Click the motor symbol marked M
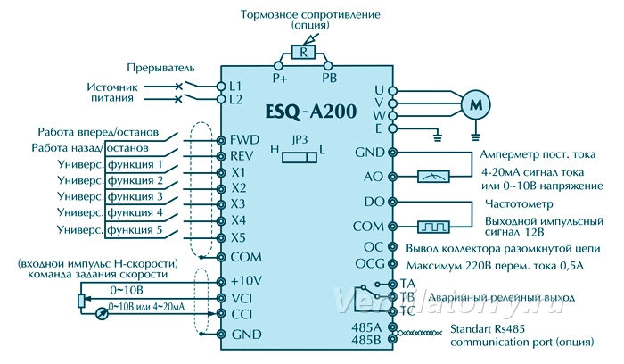point(475,104)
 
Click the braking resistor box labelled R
point(304,52)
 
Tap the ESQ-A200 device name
point(311,112)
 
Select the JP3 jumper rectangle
point(300,157)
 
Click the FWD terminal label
point(245,140)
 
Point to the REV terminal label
point(242,156)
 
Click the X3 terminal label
point(238,204)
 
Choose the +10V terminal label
point(246,281)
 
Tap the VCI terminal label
point(242,298)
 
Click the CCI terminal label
point(242,314)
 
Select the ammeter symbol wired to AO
point(433,177)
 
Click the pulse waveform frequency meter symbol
point(433,227)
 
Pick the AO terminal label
point(373,177)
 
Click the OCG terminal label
point(370,264)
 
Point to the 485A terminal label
point(366,327)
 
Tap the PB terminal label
point(330,78)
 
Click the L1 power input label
point(235,86)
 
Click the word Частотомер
point(519,204)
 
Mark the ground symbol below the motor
point(475,137)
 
